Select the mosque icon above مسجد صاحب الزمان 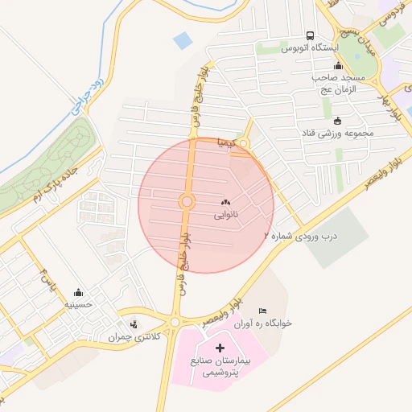(x=338, y=66)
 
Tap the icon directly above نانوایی (x=225, y=202)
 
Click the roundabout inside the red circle (x=187, y=201)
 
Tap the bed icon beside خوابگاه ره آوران (x=262, y=311)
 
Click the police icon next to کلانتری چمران (x=134, y=324)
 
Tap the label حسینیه (x=79, y=305)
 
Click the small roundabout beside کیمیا (x=243, y=145)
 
